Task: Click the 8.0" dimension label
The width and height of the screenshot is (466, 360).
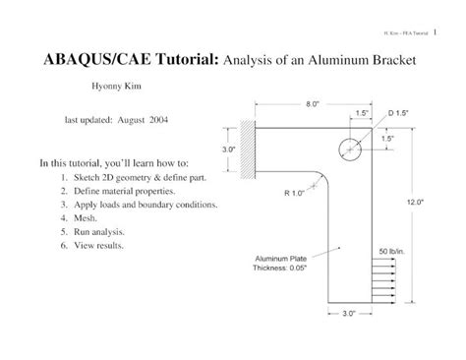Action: coord(312,103)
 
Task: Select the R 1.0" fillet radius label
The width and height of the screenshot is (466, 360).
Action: coord(296,193)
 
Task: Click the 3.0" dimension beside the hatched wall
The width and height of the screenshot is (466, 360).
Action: coord(229,150)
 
